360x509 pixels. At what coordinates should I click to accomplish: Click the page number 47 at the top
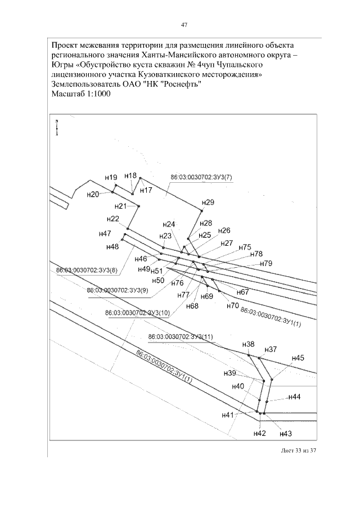click(183, 25)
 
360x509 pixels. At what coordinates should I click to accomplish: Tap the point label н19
click(111, 177)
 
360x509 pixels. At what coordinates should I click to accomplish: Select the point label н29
click(208, 202)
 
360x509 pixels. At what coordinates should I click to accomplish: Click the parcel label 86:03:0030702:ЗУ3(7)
click(201, 178)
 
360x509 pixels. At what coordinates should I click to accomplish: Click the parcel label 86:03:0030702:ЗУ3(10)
click(138, 313)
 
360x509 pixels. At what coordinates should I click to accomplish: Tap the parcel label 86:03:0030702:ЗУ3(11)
click(181, 336)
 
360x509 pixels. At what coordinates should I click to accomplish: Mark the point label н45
click(298, 358)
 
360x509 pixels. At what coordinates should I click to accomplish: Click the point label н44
click(295, 397)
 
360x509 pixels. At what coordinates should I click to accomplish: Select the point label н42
click(259, 433)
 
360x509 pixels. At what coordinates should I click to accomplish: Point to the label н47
click(105, 233)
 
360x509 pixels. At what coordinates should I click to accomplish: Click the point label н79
click(265, 263)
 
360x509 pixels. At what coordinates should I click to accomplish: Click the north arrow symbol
click(56, 128)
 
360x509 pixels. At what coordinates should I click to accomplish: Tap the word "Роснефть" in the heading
click(181, 84)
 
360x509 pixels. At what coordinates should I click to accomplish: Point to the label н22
click(112, 219)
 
